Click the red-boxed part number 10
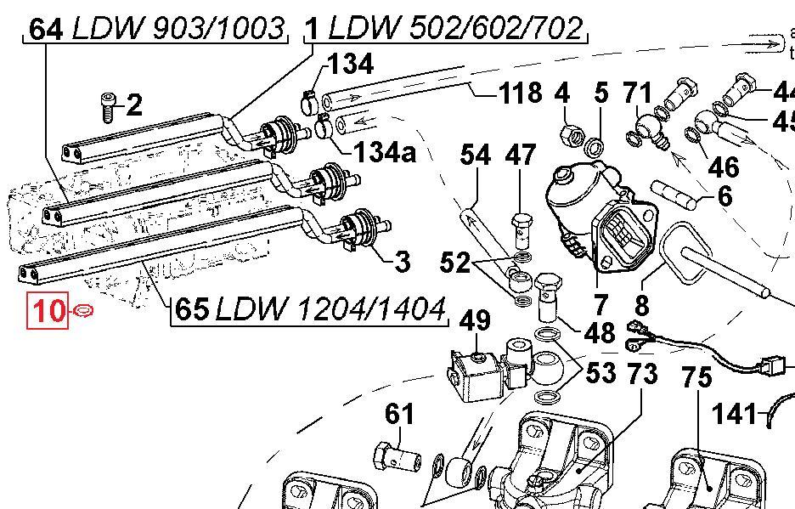[x=48, y=311]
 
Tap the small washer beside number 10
[x=83, y=312]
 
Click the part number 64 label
[x=46, y=29]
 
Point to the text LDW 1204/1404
[x=330, y=310]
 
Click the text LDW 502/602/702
[x=456, y=29]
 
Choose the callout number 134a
[x=385, y=153]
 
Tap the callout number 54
[x=476, y=156]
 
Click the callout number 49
[x=476, y=321]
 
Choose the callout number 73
[x=643, y=372]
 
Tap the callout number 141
[x=734, y=415]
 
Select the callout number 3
[x=403, y=261]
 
